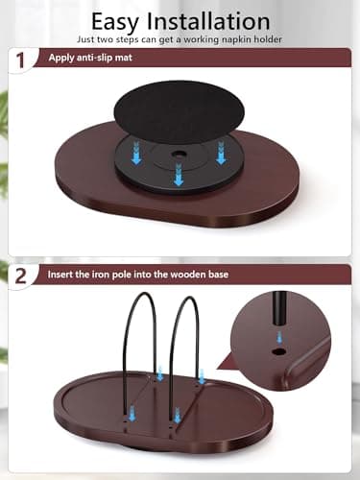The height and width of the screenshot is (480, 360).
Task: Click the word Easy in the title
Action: click(x=115, y=22)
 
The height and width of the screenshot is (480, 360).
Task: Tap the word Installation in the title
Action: click(x=208, y=21)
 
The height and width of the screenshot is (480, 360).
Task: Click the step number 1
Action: click(x=20, y=60)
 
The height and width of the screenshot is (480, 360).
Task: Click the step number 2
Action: click(x=21, y=276)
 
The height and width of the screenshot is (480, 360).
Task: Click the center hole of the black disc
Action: click(x=179, y=155)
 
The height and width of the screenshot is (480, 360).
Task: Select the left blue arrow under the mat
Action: click(x=136, y=153)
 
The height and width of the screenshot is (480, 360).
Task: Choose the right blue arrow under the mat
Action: click(x=221, y=153)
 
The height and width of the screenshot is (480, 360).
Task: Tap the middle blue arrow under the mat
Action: click(x=179, y=174)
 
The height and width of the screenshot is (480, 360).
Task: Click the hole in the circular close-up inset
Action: click(x=279, y=351)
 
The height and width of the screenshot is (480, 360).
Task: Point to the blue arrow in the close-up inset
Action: click(x=279, y=337)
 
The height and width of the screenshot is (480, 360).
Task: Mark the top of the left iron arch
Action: click(x=142, y=293)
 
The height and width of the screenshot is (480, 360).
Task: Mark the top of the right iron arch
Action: click(x=189, y=298)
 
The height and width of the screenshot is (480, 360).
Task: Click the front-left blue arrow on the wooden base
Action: click(x=132, y=413)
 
